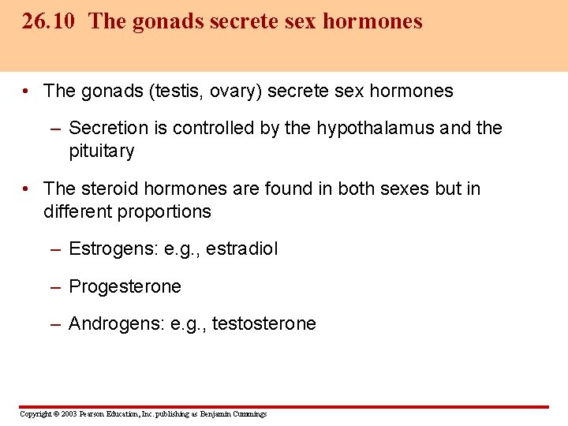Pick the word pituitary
coord(102,151)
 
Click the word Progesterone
coord(125,286)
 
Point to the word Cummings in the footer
coord(249,414)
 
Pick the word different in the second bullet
coord(77,212)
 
